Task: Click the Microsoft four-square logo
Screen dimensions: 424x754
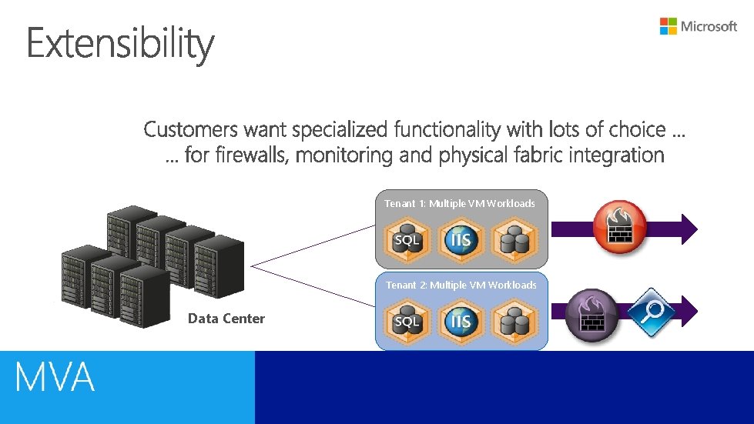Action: click(668, 26)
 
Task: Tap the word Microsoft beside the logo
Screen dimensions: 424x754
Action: click(709, 26)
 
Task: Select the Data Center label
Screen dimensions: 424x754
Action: click(226, 319)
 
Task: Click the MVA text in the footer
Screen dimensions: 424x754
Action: click(55, 378)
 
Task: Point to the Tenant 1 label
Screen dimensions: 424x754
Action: click(460, 203)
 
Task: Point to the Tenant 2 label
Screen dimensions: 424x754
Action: click(461, 285)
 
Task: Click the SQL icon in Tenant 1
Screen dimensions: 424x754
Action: click(407, 239)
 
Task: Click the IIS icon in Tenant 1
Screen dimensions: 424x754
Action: click(461, 239)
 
